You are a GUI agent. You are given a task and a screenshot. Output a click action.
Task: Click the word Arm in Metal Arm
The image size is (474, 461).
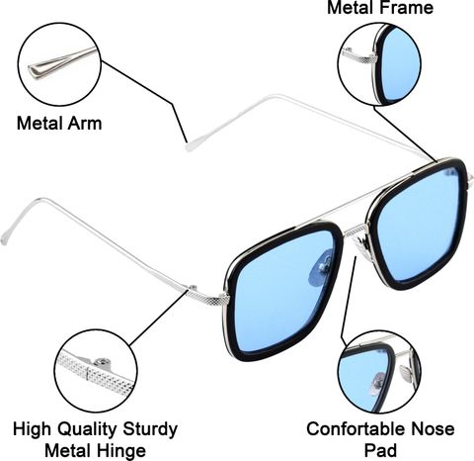tap(85, 124)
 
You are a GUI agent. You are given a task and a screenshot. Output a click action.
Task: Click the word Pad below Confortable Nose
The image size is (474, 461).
tap(381, 450)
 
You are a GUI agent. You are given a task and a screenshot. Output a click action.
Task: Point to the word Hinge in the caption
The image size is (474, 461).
tap(120, 450)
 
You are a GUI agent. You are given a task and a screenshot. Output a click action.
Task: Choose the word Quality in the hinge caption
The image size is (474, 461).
tap(86, 429)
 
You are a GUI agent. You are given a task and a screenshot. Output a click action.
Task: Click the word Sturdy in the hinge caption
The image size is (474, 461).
tap(150, 429)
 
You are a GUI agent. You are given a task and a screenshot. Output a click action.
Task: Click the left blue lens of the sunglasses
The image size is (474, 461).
tap(283, 290)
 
